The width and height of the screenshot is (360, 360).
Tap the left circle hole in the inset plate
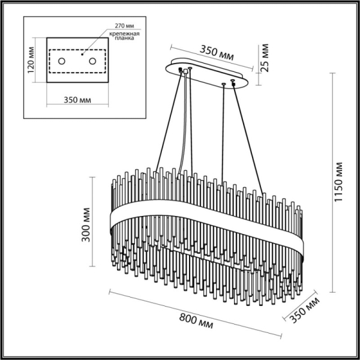[63, 61]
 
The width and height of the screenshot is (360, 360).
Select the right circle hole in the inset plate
[92, 61]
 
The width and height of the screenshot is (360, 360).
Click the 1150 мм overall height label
[340, 181]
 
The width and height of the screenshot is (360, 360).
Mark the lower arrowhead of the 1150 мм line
[332, 293]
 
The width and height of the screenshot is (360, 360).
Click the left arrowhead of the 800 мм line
[110, 292]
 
